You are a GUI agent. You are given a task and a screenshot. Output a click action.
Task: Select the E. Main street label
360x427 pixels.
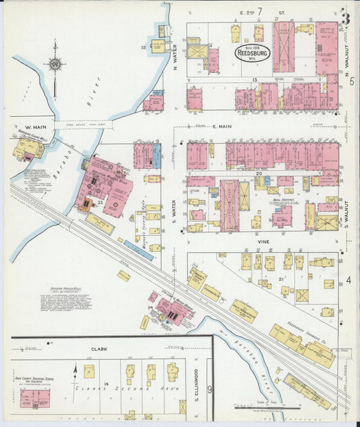point(222,126)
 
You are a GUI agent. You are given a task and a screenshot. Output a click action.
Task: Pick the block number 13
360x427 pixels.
point(255,80)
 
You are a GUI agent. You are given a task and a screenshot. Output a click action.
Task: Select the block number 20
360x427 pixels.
point(258,174)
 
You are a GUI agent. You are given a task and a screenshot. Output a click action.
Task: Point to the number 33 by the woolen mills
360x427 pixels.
point(100,202)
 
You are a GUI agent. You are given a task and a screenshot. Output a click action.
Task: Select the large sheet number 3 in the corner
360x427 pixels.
point(345,18)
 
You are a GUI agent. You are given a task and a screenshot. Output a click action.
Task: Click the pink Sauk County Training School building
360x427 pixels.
point(34,398)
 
